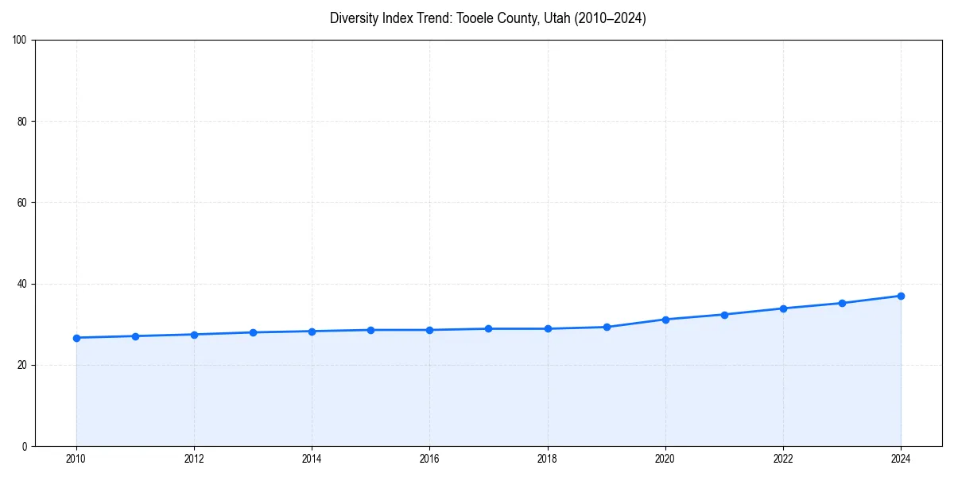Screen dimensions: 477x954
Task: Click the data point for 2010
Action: tap(76, 338)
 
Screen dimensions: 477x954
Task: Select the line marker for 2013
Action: tap(253, 332)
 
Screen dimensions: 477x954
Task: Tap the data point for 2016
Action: tap(429, 330)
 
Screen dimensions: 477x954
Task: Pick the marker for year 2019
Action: tap(607, 327)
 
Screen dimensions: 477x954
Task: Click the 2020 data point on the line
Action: tap(665, 320)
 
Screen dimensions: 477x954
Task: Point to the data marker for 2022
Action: tap(783, 308)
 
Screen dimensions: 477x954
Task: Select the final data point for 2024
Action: tap(901, 296)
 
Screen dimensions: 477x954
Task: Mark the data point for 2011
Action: tap(135, 336)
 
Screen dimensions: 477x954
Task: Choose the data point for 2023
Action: tap(842, 303)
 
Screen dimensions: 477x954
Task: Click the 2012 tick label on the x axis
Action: tap(194, 459)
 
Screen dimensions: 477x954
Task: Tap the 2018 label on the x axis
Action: tap(547, 459)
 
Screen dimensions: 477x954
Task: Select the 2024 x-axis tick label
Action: tap(901, 459)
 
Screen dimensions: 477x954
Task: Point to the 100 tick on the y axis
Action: tap(20, 41)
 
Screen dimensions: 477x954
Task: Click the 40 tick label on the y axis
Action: tap(22, 284)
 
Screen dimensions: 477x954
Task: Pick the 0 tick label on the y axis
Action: tap(25, 446)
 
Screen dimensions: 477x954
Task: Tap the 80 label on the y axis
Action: tap(22, 122)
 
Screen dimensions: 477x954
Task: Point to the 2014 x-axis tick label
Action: tap(312, 459)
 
